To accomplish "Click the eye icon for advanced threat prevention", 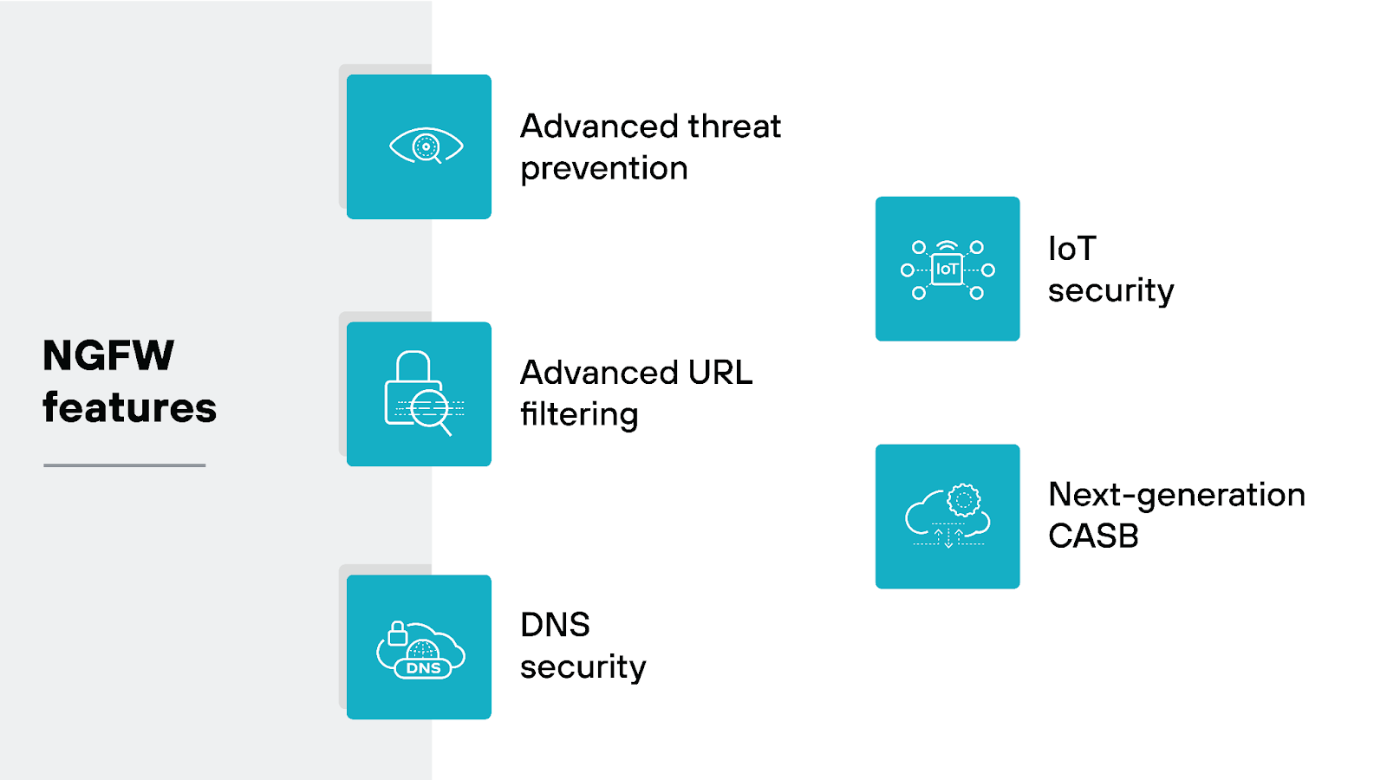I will [x=426, y=146].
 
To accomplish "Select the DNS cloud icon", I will [x=421, y=649].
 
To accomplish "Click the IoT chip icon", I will [x=947, y=270].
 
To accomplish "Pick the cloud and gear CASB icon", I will [x=947, y=517].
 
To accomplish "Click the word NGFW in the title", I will [x=108, y=355].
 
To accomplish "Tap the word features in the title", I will [x=129, y=408].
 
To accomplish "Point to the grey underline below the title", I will [x=125, y=465].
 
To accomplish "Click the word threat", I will [x=734, y=127].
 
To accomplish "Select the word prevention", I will [x=604, y=169].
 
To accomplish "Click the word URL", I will [x=720, y=373].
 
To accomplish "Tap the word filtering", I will [x=579, y=415].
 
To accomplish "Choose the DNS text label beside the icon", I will [x=555, y=625].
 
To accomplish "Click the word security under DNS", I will [x=583, y=667].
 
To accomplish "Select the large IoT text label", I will [x=1072, y=250].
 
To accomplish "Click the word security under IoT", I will [x=1110, y=291].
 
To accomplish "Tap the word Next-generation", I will [x=1176, y=495].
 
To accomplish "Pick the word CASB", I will [x=1093, y=536].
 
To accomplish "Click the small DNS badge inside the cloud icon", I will [x=423, y=668].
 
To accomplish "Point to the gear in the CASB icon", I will [x=963, y=500].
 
